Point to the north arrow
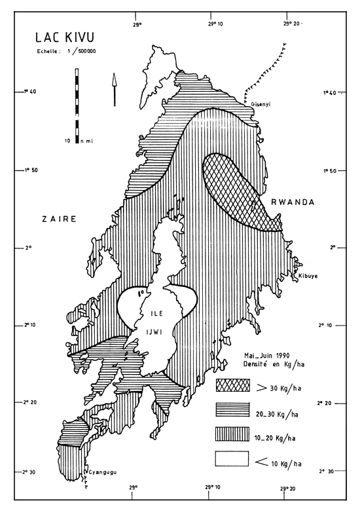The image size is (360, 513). pos(114,89)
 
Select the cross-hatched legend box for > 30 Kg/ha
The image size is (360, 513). pos(232,383)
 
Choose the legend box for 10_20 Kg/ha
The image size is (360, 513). pos(232,434)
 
